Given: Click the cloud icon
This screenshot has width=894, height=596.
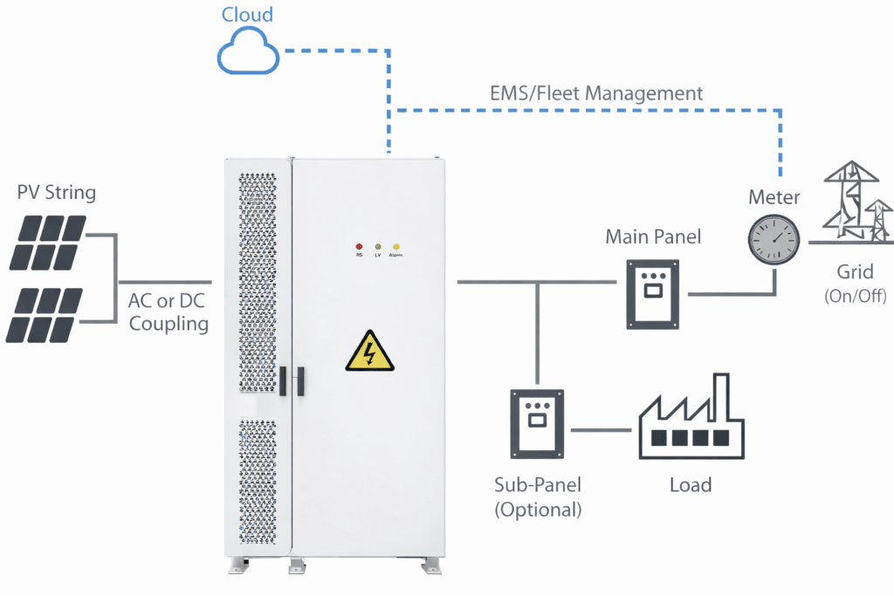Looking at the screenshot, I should pyautogui.click(x=249, y=54).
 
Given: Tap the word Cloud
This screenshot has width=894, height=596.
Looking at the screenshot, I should pyautogui.click(x=246, y=15).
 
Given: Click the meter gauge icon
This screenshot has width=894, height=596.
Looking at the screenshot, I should pyautogui.click(x=774, y=237).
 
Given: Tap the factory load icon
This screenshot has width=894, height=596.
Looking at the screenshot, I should pyautogui.click(x=691, y=418).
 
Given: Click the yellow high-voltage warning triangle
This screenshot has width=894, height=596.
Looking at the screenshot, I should pyautogui.click(x=368, y=352).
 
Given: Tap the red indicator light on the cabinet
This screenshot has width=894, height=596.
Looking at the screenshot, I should pyautogui.click(x=359, y=247).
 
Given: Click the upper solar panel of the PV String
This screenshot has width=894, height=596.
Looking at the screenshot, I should pyautogui.click(x=48, y=243).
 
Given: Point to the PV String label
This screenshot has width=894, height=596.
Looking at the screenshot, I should pyautogui.click(x=57, y=192).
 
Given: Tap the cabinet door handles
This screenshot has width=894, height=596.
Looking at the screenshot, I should pyautogui.click(x=292, y=380).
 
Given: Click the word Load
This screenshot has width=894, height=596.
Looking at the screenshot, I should pyautogui.click(x=691, y=484).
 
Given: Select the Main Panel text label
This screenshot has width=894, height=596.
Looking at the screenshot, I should pyautogui.click(x=654, y=237).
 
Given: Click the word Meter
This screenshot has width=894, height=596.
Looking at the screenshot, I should pyautogui.click(x=774, y=197).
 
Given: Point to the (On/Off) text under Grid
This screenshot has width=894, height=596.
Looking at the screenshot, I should pyautogui.click(x=855, y=296).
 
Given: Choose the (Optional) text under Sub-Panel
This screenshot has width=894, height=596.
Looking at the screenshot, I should pyautogui.click(x=538, y=510).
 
